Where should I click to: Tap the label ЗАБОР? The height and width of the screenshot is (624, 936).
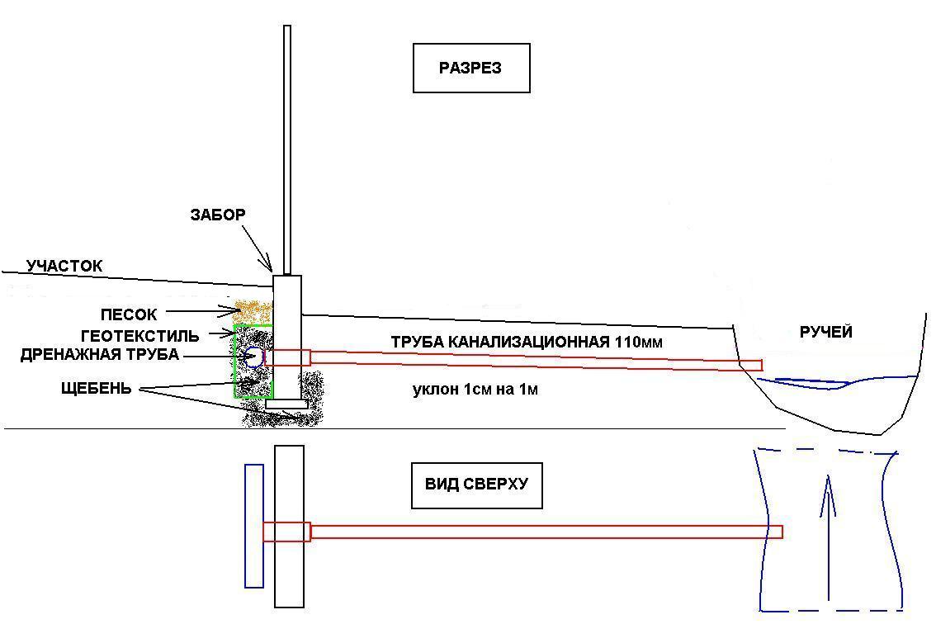pyautogui.click(x=218, y=215)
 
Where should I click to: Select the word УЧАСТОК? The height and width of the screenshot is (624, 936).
pyautogui.click(x=64, y=266)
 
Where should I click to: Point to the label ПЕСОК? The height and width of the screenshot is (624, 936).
pyautogui.click(x=128, y=314)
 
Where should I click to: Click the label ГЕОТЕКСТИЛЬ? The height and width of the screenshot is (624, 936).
pyautogui.click(x=139, y=336)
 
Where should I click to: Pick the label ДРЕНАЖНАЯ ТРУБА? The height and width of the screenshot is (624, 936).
pyautogui.click(x=100, y=355)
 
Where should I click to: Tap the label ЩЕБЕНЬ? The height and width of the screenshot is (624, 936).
pyautogui.click(x=96, y=389)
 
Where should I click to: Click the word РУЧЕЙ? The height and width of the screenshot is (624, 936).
pyautogui.click(x=825, y=333)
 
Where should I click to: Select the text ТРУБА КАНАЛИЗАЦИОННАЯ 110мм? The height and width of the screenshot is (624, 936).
pyautogui.click(x=527, y=343)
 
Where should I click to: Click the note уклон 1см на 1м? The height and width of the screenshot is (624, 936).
pyautogui.click(x=475, y=390)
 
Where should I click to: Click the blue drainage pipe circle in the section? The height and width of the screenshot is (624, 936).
pyautogui.click(x=253, y=357)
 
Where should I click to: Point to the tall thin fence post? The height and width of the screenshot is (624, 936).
pyautogui.click(x=287, y=150)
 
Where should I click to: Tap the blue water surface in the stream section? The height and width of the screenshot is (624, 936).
pyautogui.click(x=842, y=382)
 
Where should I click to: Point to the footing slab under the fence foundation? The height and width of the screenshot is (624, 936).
pyautogui.click(x=286, y=404)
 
